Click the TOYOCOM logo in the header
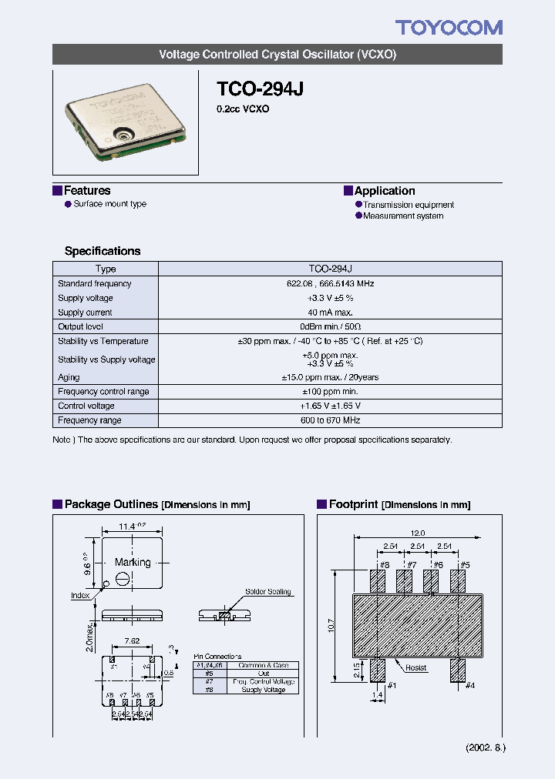pos(449,28)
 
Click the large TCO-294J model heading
pos(260,89)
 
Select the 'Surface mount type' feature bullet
pos(109,204)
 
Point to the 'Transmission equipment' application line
pos(409,205)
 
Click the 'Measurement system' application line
pos(403,216)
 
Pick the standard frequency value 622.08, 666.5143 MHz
pos(330,284)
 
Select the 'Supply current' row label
pos(85,313)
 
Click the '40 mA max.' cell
pos(330,313)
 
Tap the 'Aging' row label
pos(69,377)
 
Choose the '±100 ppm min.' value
pos(330,392)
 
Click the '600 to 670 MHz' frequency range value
pos(330,420)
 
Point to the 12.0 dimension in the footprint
pos(418,533)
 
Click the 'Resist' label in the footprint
pos(417,668)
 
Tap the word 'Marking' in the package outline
pos(133,563)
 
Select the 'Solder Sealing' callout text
pos(267,592)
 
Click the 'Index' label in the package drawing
pos(80,595)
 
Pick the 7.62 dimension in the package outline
pos(132,640)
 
